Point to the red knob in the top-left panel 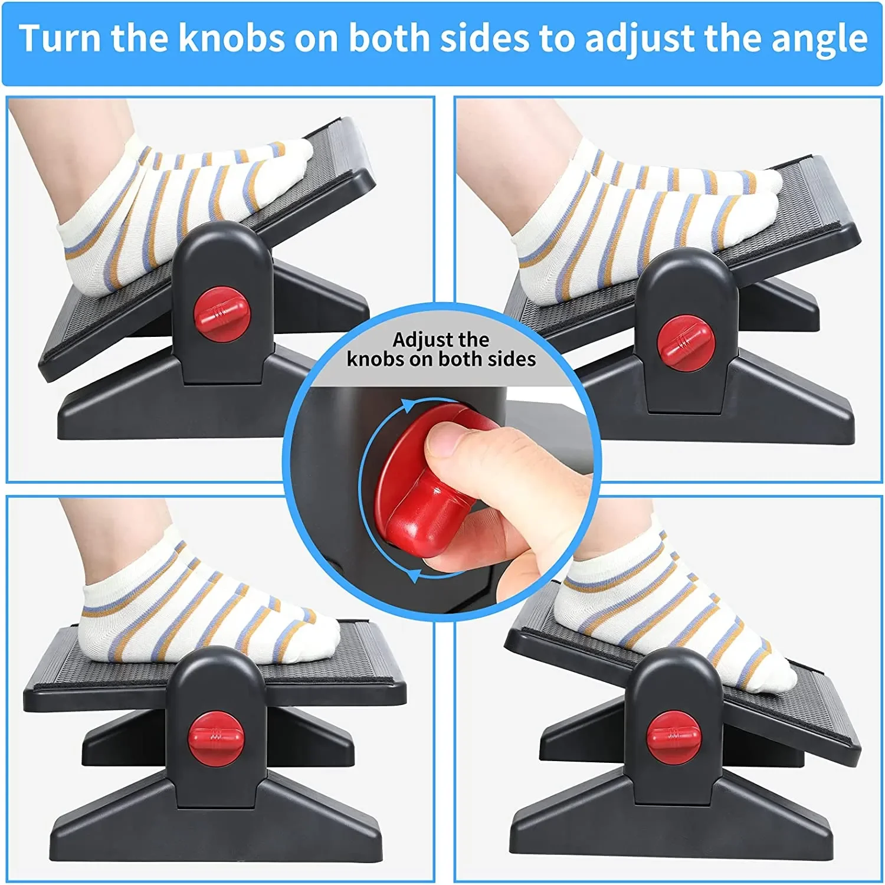point(222,314)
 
